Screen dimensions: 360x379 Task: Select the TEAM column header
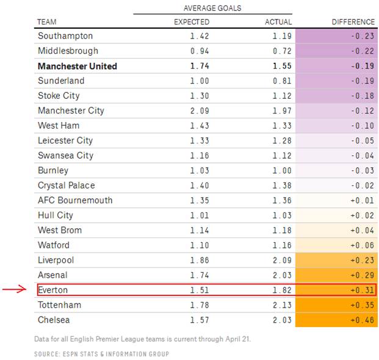pyautogui.click(x=47, y=22)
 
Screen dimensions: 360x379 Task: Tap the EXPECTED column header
pyautogui.click(x=192, y=22)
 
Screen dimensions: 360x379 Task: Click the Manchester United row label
pyautogui.click(x=78, y=66)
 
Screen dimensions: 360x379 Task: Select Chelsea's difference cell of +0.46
pyautogui.click(x=363, y=320)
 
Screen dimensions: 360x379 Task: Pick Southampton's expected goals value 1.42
pyautogui.click(x=200, y=36)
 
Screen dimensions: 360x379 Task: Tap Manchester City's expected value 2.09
pyautogui.click(x=200, y=110)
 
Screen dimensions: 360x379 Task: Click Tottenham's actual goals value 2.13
pyautogui.click(x=281, y=305)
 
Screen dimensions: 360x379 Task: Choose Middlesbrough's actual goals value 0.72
pyautogui.click(x=281, y=51)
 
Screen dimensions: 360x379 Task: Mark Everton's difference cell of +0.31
pyautogui.click(x=363, y=290)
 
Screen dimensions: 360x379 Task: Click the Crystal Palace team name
pyautogui.click(x=67, y=185)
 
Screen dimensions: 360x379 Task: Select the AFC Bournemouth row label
pyautogui.click(x=75, y=200)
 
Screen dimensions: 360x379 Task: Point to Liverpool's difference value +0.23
pyautogui.click(x=363, y=260)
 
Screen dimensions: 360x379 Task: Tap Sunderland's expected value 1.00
pyautogui.click(x=200, y=81)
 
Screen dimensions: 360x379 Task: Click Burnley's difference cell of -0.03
pyautogui.click(x=363, y=170)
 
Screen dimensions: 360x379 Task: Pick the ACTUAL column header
pyautogui.click(x=278, y=22)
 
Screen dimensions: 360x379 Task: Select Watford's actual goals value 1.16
pyautogui.click(x=281, y=245)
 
